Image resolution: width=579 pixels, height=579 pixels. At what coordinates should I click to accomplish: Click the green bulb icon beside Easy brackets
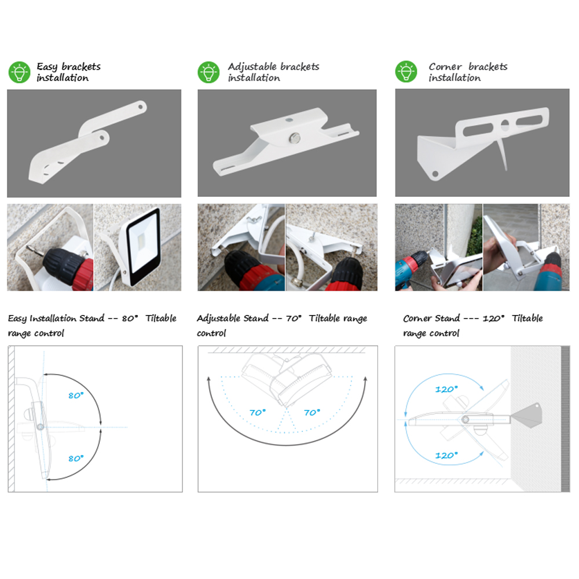(x=19, y=72)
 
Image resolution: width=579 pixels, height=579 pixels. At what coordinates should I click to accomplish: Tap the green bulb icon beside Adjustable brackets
(x=208, y=72)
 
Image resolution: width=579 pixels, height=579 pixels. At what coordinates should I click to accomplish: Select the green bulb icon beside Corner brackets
(x=406, y=71)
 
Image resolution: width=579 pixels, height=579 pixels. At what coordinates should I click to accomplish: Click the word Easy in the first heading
(x=47, y=67)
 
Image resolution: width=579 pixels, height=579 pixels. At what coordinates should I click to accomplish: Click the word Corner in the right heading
(x=445, y=67)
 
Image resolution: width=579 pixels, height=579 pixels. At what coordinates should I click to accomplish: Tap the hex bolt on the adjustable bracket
(x=294, y=138)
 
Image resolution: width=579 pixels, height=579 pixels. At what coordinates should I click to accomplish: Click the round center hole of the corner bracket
(x=505, y=126)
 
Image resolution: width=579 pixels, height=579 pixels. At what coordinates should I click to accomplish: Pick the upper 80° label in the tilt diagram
(x=76, y=395)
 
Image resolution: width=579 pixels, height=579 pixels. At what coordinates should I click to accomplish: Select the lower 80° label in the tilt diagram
(x=76, y=458)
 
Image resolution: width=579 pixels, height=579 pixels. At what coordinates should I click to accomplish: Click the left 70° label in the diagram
(x=258, y=412)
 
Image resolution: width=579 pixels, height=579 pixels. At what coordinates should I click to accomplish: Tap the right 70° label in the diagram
(x=312, y=412)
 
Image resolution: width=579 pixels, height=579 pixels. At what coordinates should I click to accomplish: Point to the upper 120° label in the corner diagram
(x=446, y=389)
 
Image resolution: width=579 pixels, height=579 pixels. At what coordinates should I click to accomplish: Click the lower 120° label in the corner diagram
(x=446, y=455)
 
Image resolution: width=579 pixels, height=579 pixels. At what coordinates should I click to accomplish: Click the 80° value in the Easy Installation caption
(x=130, y=318)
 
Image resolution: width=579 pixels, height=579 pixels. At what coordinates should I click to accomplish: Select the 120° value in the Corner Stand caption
(x=493, y=318)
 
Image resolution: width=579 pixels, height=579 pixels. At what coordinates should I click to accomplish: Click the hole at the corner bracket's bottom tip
(x=435, y=174)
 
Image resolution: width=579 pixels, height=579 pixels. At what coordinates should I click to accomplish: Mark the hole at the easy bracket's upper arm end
(x=141, y=107)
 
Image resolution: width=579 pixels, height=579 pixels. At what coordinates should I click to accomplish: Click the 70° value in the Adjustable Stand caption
(x=294, y=318)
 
